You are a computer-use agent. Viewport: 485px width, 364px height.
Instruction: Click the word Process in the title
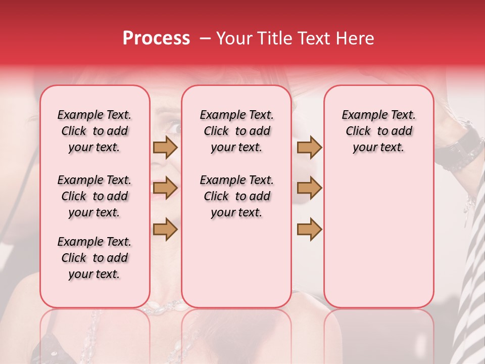156,38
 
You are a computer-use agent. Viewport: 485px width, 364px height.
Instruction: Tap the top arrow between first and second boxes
165,147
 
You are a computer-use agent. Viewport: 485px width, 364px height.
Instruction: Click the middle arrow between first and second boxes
165,188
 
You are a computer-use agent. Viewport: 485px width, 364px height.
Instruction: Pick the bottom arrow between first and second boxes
165,229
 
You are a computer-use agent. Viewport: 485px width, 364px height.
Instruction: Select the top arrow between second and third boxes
309,147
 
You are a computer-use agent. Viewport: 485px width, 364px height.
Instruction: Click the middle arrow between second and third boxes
309,188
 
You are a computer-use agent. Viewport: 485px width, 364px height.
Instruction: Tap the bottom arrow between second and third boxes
309,229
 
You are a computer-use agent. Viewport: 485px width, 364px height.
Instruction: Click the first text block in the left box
94,131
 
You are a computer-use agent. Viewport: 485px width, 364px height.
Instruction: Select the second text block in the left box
94,196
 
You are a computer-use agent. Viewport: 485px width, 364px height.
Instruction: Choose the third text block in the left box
94,258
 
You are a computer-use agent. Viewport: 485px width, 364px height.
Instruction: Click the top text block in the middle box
236,131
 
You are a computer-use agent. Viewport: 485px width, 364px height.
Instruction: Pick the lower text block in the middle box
236,196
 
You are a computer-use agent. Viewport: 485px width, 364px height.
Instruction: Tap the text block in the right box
378,131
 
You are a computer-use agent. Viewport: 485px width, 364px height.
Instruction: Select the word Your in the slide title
233,38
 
